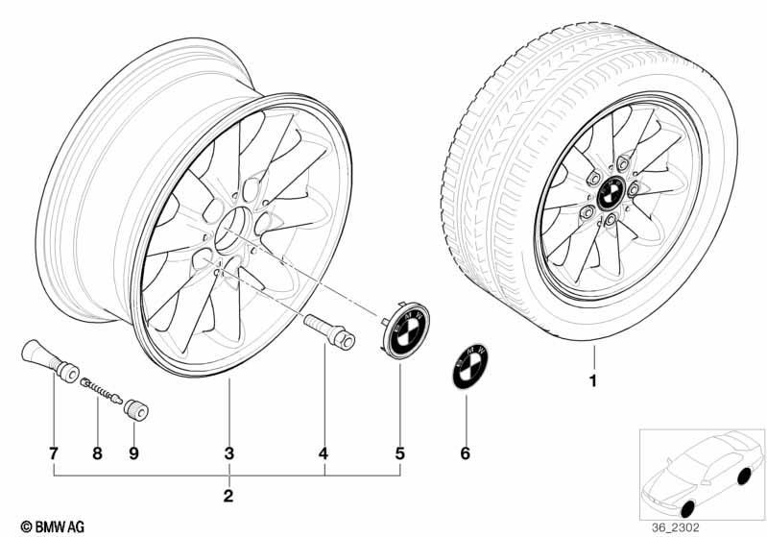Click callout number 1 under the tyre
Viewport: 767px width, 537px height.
point(593,380)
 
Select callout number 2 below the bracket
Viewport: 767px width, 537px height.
point(228,496)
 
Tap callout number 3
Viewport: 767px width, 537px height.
point(228,453)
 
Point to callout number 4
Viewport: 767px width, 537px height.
point(324,453)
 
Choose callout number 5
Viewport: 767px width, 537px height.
point(400,453)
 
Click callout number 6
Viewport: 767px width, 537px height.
point(466,453)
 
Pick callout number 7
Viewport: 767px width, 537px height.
point(54,453)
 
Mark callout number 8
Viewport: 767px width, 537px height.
point(97,453)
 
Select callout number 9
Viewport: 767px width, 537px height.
point(133,453)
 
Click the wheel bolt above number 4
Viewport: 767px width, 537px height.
point(329,330)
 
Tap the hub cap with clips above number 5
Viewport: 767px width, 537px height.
point(405,330)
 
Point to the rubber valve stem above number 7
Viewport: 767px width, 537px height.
point(49,360)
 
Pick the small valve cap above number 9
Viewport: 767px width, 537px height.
point(135,410)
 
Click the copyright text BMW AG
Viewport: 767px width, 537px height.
point(53,526)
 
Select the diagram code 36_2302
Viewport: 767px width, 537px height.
point(675,527)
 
